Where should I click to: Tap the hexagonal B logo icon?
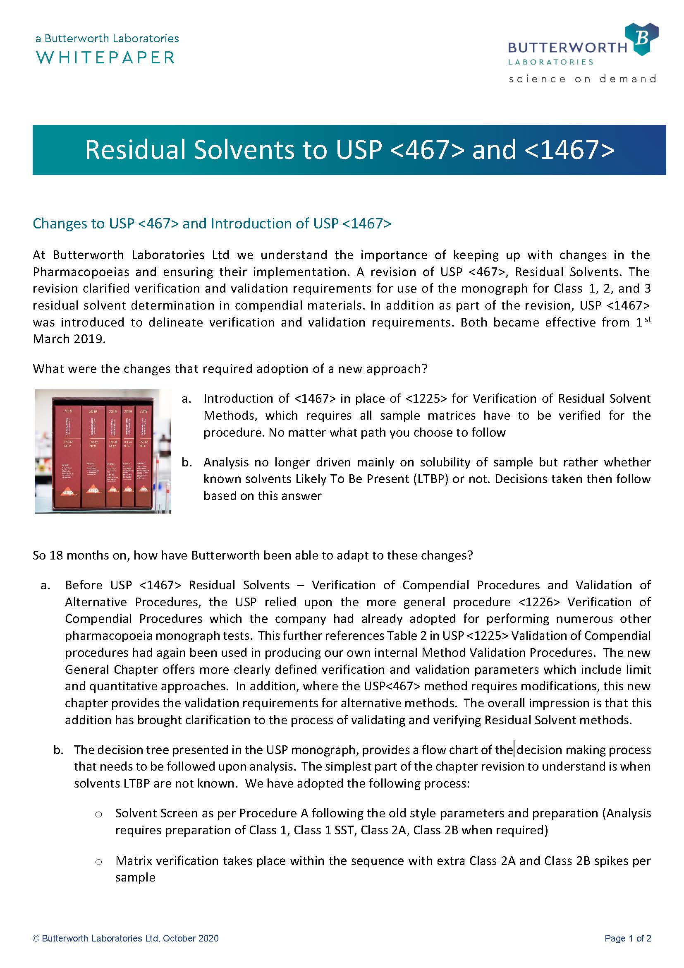(641, 39)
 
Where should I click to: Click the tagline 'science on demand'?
(582, 79)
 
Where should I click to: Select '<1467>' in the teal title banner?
(570, 150)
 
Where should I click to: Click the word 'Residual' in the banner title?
(135, 150)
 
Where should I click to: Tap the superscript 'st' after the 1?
(648, 319)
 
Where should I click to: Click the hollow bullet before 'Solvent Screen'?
(98, 814)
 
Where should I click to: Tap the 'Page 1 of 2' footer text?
(628, 939)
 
